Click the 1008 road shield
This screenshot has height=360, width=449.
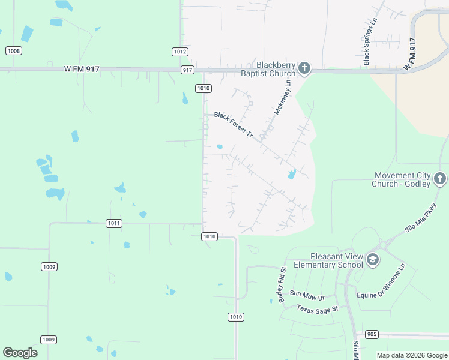(14, 51)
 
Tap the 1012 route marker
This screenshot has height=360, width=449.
(180, 52)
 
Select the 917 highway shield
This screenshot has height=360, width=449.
(188, 70)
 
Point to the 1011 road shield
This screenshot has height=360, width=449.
(114, 223)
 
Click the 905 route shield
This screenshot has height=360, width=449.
(372, 334)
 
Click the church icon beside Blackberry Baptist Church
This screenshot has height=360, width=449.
(304, 68)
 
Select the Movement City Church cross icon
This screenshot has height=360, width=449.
(440, 178)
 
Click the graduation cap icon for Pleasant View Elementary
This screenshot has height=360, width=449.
(372, 259)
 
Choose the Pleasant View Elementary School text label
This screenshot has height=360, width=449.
(328, 260)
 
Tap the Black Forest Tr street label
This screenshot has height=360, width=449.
(234, 125)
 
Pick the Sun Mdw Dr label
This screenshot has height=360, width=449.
(307, 295)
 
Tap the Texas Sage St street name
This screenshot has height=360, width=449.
(318, 308)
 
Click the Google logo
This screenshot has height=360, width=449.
(20, 353)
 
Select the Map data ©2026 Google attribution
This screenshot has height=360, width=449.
(411, 355)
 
